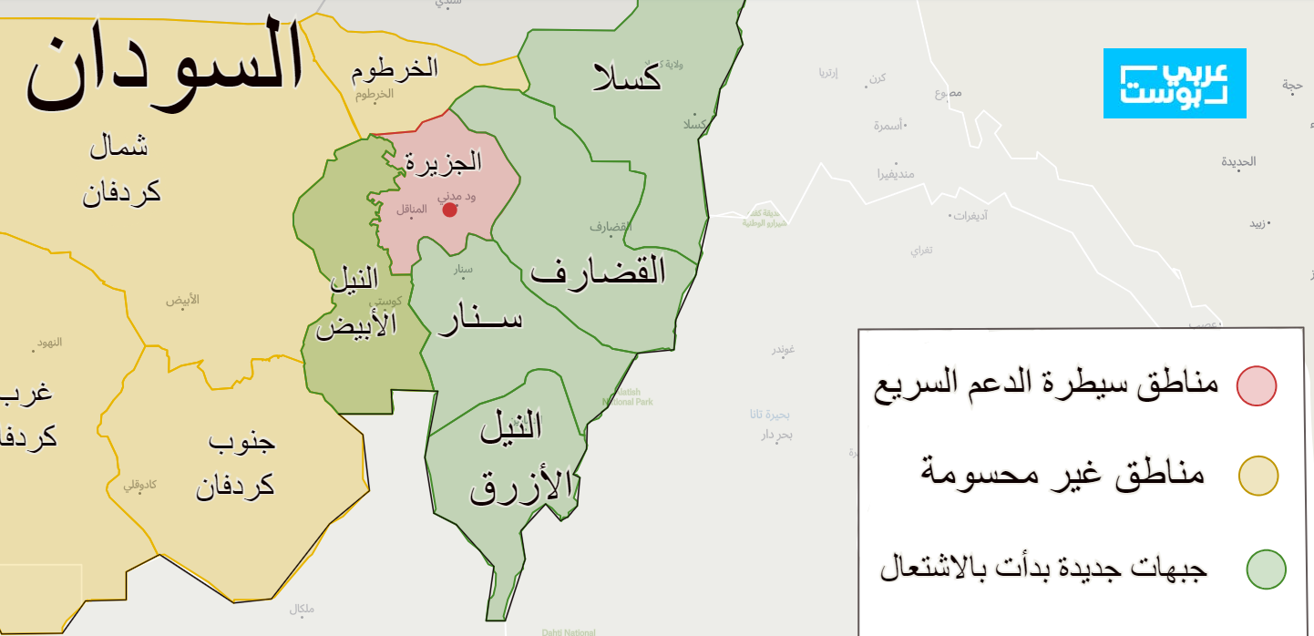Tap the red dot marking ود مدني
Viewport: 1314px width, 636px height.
pos(449,210)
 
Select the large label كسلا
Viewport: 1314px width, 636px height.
pos(627,77)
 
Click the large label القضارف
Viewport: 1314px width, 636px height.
pos(598,271)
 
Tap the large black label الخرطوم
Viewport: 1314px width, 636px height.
pos(395,68)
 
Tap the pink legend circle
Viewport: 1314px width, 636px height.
pos(1257,385)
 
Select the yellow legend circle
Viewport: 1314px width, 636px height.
pos(1258,477)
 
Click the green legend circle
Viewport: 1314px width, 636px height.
pos(1266,569)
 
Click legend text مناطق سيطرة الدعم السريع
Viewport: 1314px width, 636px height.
pos(1045,384)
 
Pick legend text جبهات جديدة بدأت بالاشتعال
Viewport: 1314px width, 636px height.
pos(1043,569)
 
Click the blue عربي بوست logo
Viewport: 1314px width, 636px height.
pos(1175,84)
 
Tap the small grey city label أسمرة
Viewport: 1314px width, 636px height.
pos(888,126)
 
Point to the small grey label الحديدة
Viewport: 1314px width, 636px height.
pos(1238,161)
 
